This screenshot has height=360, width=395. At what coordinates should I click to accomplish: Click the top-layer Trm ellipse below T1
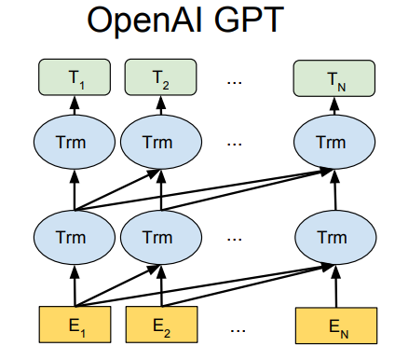point(75,143)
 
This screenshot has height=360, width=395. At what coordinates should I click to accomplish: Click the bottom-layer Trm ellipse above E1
point(75,237)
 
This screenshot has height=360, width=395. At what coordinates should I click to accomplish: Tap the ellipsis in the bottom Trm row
point(237,239)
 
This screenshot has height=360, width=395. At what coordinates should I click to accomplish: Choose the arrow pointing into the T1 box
point(75,107)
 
